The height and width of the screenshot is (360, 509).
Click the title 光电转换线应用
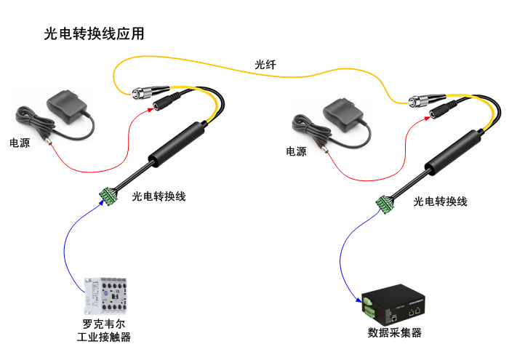(x=95, y=33)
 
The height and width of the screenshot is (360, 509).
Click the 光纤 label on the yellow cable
(x=265, y=64)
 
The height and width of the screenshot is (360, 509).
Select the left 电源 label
(x=20, y=143)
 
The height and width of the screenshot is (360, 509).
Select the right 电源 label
(x=296, y=151)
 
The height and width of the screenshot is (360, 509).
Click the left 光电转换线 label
(x=159, y=196)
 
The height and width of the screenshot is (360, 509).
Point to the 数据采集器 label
(x=395, y=333)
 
